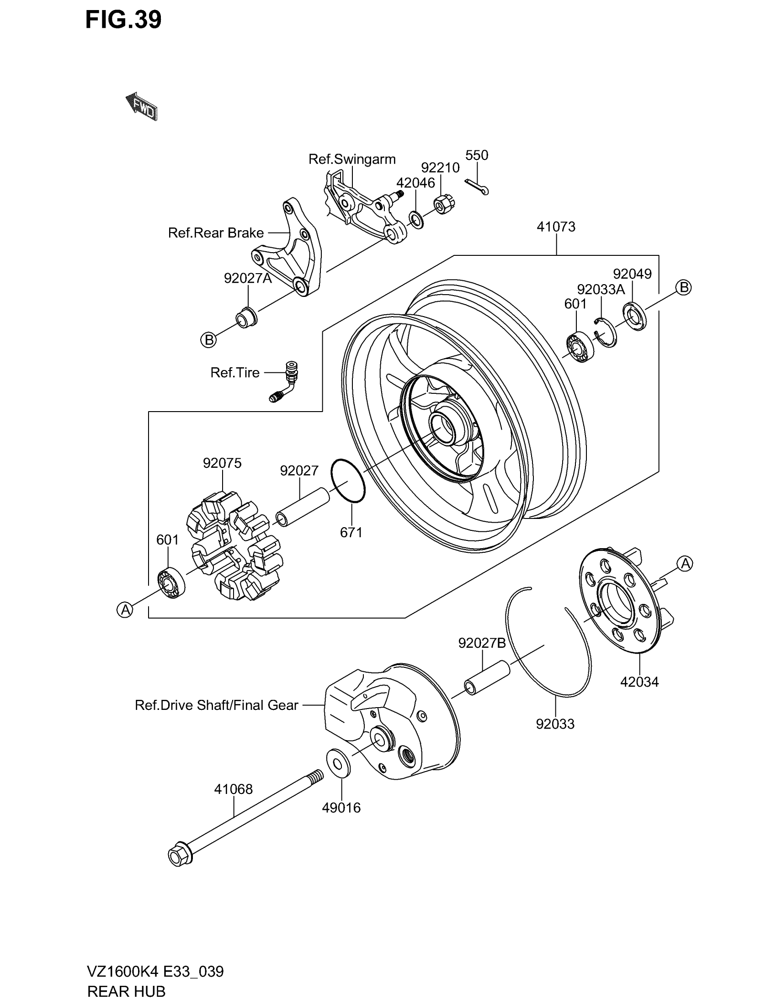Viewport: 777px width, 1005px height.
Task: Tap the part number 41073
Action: (556, 227)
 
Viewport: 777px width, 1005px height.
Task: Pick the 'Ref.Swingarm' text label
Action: (351, 159)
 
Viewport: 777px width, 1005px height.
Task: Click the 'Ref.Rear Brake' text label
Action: (215, 233)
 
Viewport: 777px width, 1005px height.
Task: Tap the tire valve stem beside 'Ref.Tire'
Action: (286, 381)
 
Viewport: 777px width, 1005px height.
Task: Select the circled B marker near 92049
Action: (684, 288)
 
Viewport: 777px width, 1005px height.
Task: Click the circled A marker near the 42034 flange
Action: (685, 563)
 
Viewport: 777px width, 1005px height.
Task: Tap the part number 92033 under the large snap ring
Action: (555, 725)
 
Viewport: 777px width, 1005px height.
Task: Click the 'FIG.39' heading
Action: (123, 20)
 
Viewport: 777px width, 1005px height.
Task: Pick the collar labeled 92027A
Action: (246, 317)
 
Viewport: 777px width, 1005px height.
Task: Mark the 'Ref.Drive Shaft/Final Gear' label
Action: (216, 705)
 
